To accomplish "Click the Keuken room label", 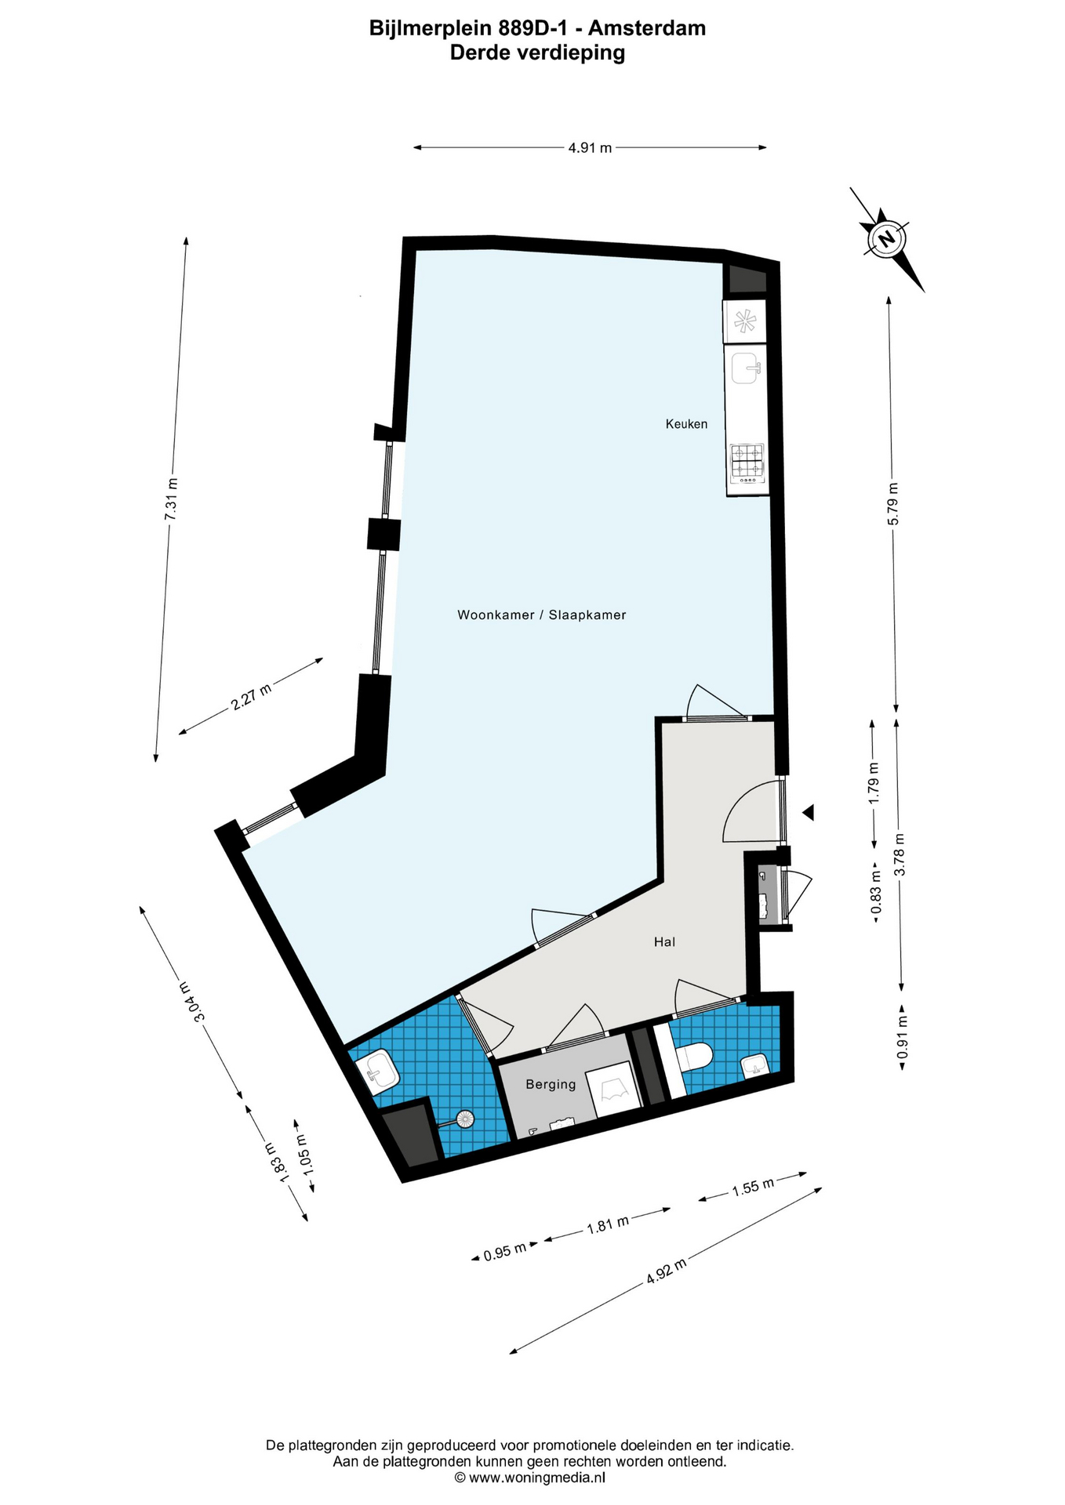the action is [x=686, y=424].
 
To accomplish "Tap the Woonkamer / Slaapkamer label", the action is [x=542, y=615].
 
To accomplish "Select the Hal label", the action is [x=664, y=942].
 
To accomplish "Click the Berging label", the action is [x=551, y=1085].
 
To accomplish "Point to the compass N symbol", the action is [x=886, y=238].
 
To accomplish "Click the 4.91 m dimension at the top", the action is [x=590, y=147].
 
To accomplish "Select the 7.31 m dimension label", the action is [x=171, y=499].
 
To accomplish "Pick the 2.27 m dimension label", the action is [x=252, y=696].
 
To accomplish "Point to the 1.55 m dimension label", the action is [x=753, y=1187].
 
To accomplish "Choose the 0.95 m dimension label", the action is [x=505, y=1252].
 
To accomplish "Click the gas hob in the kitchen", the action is [x=747, y=462].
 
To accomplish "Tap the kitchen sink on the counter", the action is [x=745, y=368].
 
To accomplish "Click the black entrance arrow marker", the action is [x=809, y=813].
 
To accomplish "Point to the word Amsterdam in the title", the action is [x=647, y=28].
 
